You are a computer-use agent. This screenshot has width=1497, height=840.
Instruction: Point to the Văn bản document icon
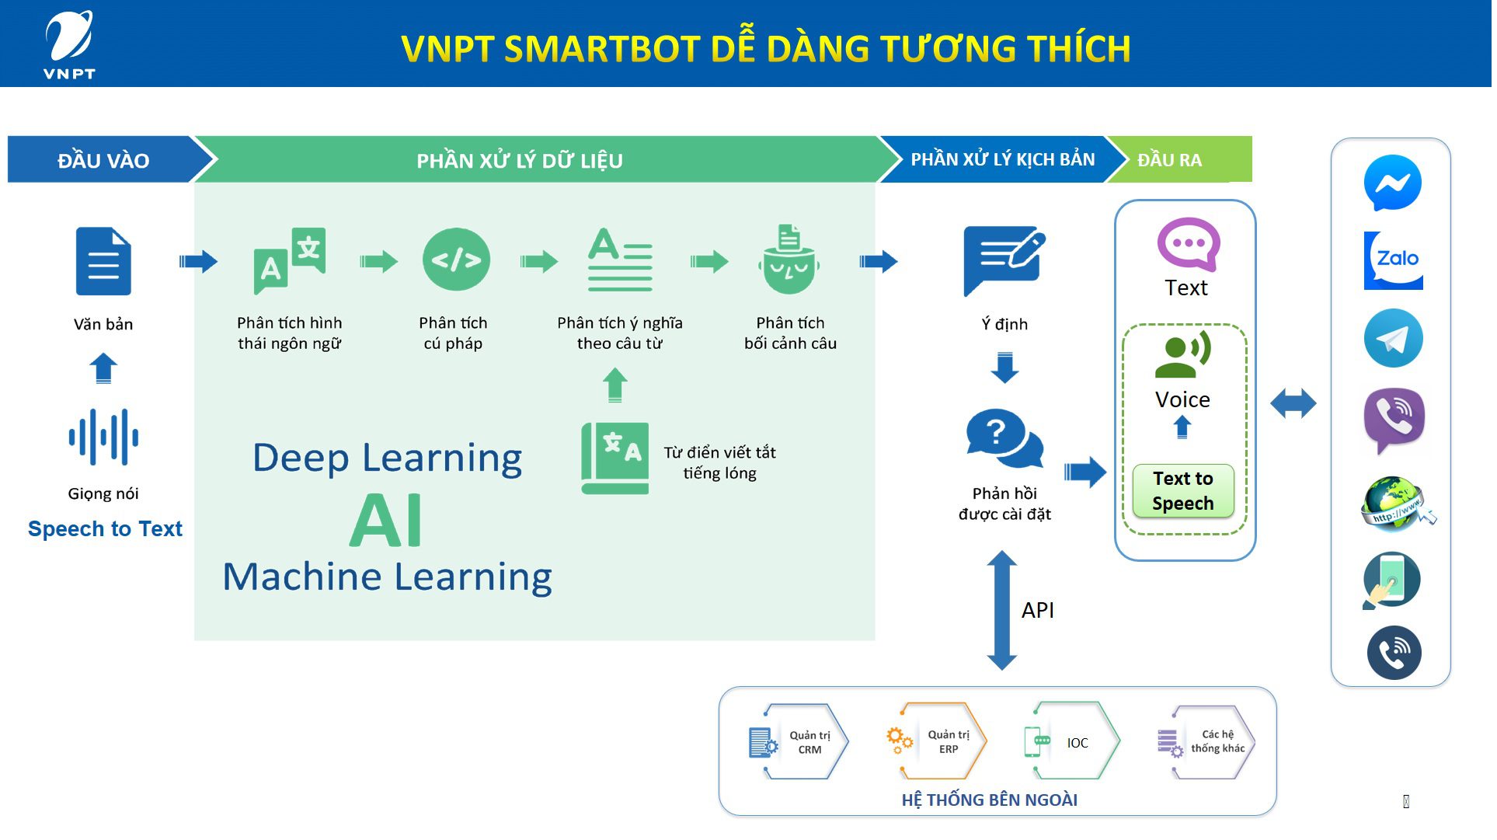point(103,262)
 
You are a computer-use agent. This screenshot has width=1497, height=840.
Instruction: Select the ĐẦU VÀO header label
point(103,161)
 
